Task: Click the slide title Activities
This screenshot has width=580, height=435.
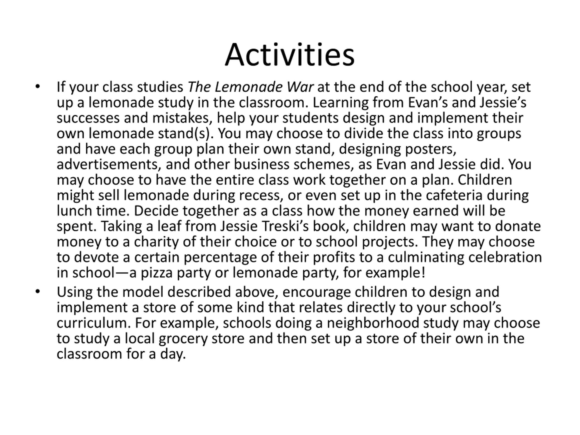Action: pos(290,55)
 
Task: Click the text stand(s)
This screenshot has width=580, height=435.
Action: pos(186,133)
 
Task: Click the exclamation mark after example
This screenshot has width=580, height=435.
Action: pos(423,273)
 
